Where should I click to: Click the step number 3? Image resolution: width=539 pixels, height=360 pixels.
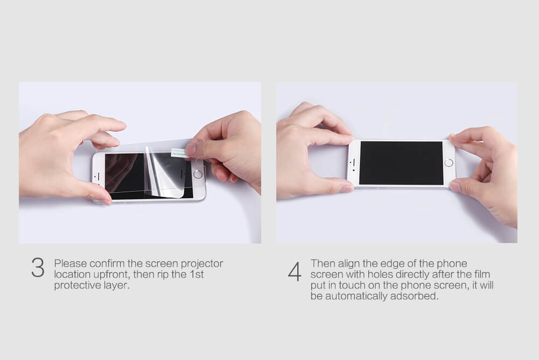pos(38,267)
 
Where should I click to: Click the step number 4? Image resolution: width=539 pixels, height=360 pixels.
pos(295,272)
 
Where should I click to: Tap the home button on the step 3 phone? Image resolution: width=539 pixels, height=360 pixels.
pos(198,174)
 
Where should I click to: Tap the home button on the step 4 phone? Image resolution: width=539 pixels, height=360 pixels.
pos(449,163)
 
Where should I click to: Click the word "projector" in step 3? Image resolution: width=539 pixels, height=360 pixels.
pos(202,264)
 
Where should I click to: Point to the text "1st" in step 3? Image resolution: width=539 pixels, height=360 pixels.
pos(197,274)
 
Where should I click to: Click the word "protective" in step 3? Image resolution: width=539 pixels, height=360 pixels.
pos(78,285)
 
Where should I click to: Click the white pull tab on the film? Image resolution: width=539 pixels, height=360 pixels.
pos(179,153)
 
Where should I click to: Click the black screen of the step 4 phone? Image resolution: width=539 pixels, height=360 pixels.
pos(401,163)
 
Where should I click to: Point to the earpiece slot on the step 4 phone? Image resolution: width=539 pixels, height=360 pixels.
pos(354,161)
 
